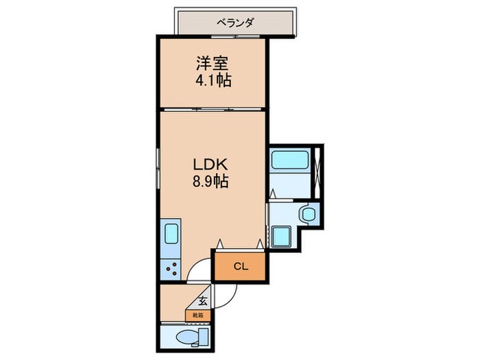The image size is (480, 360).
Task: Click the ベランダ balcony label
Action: tap(235, 23)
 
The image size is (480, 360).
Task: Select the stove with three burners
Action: tap(171, 269)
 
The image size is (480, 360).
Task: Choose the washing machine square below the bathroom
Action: tap(281, 237)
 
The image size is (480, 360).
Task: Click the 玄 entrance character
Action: tap(204, 300)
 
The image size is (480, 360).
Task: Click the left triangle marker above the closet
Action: tap(219, 243)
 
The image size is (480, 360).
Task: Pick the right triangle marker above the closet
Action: tap(259, 243)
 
